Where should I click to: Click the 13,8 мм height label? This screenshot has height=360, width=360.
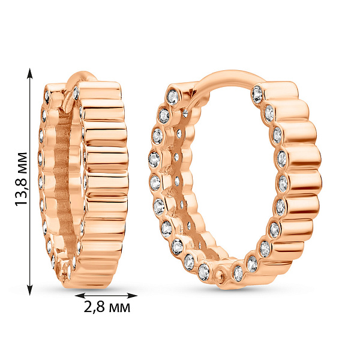(22, 179)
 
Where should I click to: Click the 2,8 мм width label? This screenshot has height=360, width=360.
(107, 307)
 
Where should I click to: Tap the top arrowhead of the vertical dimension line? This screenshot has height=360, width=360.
(30, 73)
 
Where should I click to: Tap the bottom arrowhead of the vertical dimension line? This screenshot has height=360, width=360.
(30, 290)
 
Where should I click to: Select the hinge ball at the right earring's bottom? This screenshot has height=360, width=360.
(221, 275)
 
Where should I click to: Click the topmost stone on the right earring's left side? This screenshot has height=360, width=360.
(173, 97)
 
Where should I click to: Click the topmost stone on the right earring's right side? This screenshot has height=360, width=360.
(257, 94)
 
